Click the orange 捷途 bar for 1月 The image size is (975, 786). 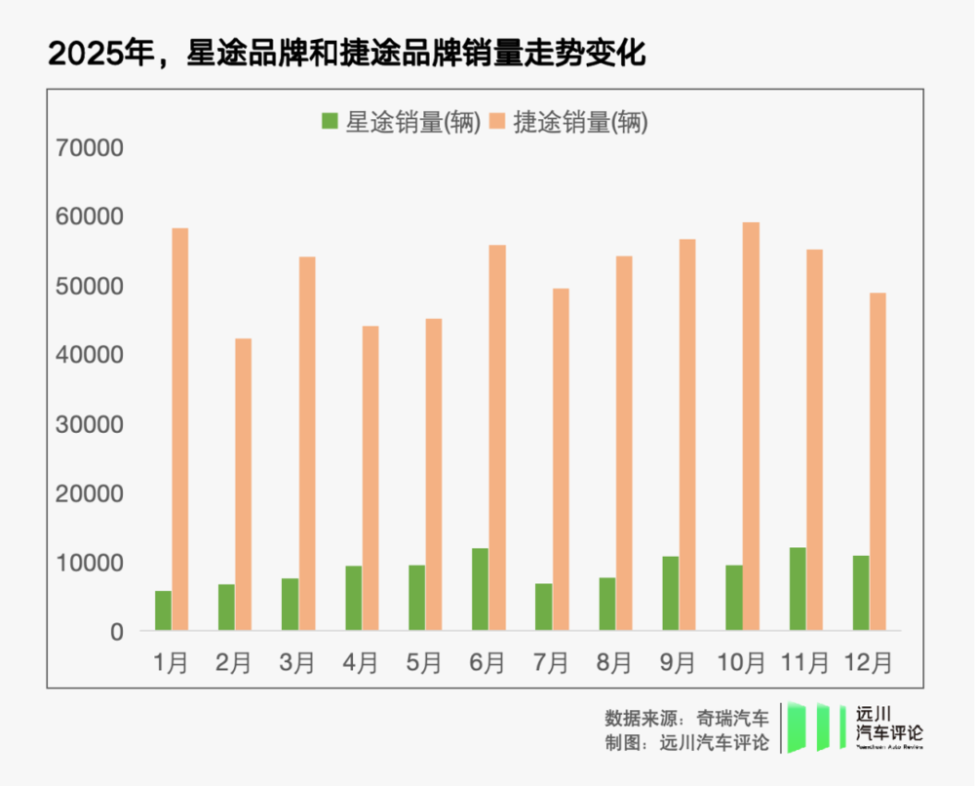pos(180,429)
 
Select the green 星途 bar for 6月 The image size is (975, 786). pos(480,589)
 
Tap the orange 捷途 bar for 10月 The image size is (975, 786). pos(751,426)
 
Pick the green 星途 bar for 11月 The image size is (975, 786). pos(798,589)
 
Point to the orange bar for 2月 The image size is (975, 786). pos(244,484)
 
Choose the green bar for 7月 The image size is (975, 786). pos(543,607)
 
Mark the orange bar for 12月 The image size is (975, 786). pos(877,461)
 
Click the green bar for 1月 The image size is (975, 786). pos(163,610)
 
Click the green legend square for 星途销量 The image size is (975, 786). pos(330,122)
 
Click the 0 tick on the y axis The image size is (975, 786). pos(117,632)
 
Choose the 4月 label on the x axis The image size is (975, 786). pos(361,663)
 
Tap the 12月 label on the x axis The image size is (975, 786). pos(869,663)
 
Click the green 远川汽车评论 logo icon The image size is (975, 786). pos(817,727)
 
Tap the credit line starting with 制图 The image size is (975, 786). pos(686,743)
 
